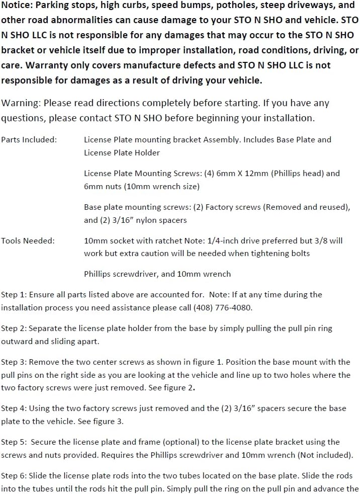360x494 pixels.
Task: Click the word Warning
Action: [x=21, y=104]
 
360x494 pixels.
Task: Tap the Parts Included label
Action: [x=29, y=140]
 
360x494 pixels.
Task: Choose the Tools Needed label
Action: [x=28, y=241]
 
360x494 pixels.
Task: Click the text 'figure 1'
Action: [x=213, y=362]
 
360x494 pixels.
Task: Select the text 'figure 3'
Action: [x=106, y=422]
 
